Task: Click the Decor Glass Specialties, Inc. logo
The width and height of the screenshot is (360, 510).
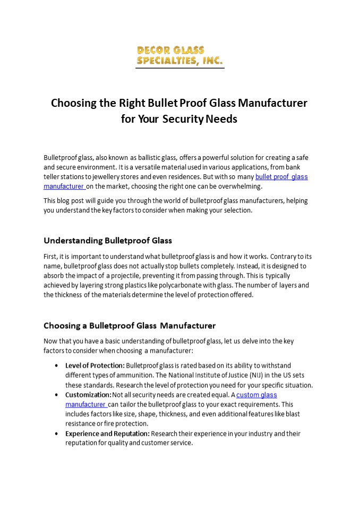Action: [179, 56]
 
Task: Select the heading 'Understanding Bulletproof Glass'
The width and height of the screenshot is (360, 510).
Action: [108, 240]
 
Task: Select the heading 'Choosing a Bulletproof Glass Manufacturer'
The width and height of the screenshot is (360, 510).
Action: [130, 325]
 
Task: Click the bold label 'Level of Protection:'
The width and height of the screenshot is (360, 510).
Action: [95, 365]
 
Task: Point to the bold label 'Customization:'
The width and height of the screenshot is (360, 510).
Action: [88, 395]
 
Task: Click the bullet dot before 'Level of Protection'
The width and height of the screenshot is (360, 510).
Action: [57, 365]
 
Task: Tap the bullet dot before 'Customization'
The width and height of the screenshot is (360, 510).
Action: [57, 395]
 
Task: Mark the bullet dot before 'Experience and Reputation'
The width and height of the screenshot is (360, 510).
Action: [57, 434]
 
